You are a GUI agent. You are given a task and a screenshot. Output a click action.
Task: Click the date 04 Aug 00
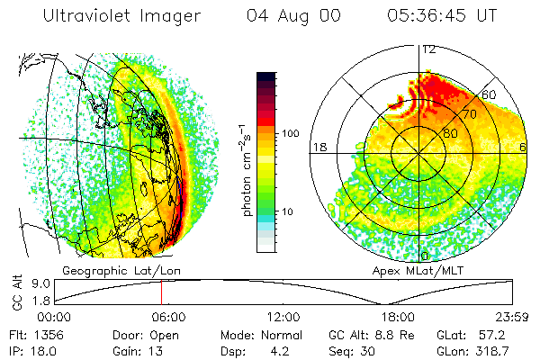(292, 16)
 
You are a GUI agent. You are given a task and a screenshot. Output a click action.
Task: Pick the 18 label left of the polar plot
(318, 147)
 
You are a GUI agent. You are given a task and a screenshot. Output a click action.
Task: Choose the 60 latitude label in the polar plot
(490, 94)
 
